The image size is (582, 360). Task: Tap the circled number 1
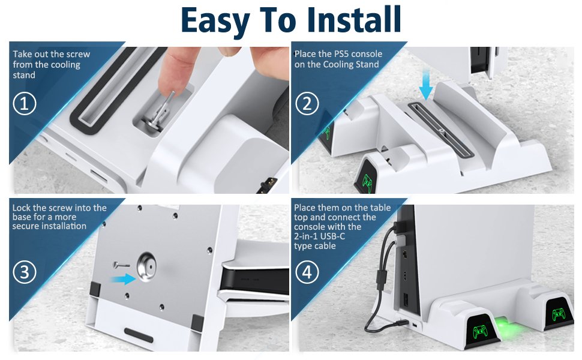(x=25, y=104)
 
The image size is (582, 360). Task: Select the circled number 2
(x=307, y=104)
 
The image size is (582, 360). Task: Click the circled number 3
(x=25, y=272)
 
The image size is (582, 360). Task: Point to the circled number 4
(x=307, y=272)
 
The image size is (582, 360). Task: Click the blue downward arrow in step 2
(x=425, y=88)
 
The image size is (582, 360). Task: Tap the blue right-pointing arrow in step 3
(x=124, y=278)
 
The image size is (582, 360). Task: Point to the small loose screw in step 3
(x=121, y=265)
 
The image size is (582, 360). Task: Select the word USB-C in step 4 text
(x=332, y=236)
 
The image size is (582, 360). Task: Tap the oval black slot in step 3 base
(x=139, y=335)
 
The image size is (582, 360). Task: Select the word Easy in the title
(x=215, y=21)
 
